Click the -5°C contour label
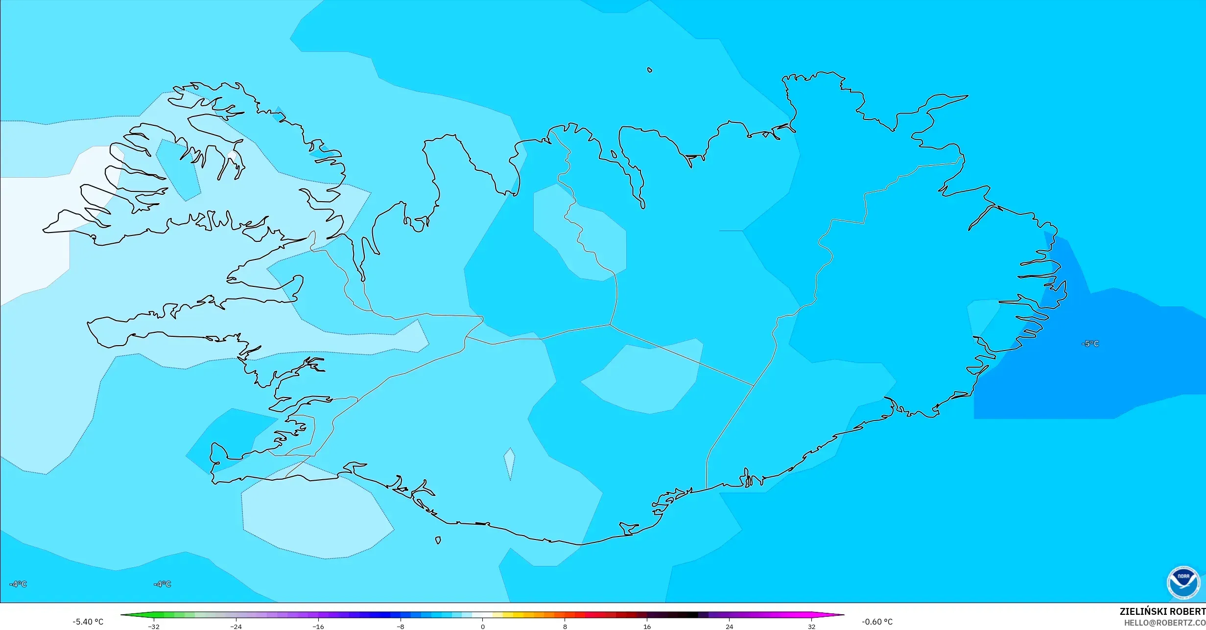click(x=1090, y=344)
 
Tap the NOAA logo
click(x=1183, y=583)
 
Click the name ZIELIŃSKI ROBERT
click(x=1162, y=611)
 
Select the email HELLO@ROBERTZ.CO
click(x=1164, y=623)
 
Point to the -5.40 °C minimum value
click(x=88, y=622)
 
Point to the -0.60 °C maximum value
click(x=877, y=622)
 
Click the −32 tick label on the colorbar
click(x=153, y=627)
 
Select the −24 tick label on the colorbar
click(x=236, y=627)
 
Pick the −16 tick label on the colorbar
click(x=318, y=627)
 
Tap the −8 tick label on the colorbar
click(x=401, y=627)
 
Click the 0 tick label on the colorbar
click(x=483, y=627)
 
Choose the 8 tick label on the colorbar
click(x=565, y=627)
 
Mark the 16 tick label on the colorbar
click(x=647, y=627)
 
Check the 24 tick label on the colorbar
click(x=730, y=627)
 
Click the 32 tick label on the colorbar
click(x=812, y=627)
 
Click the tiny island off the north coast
click(x=650, y=70)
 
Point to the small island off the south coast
click(x=438, y=540)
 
